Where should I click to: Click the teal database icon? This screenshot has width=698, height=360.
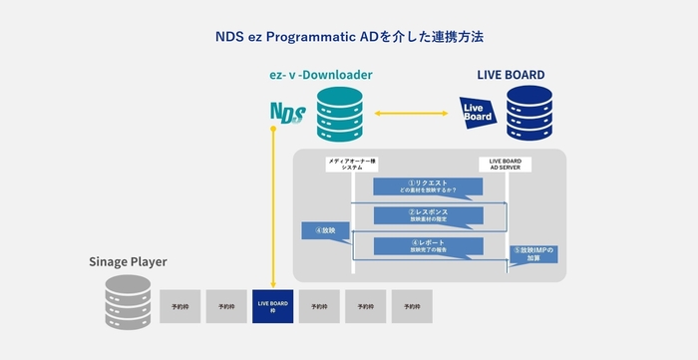click(336, 114)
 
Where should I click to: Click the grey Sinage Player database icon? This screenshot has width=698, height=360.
click(127, 303)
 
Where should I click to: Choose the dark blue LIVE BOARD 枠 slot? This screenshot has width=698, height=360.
click(272, 306)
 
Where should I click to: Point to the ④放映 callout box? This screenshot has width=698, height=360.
click(317, 230)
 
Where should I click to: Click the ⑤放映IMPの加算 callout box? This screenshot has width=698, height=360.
click(532, 253)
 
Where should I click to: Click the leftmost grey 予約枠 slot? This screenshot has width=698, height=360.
click(179, 306)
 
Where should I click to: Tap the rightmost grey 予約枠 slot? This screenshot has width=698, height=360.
click(411, 306)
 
